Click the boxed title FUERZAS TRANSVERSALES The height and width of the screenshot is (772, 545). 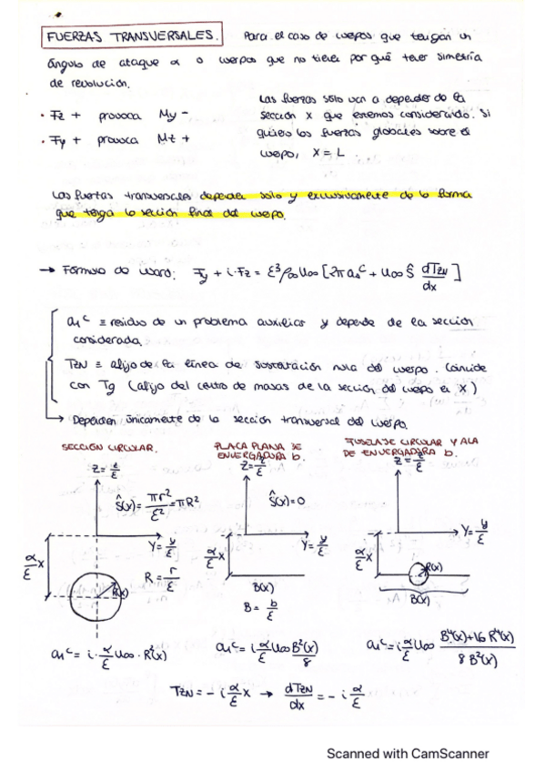132,36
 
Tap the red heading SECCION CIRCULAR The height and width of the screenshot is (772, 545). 109,448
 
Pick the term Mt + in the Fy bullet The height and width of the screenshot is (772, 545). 173,140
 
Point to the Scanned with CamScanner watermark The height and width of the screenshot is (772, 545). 408,753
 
